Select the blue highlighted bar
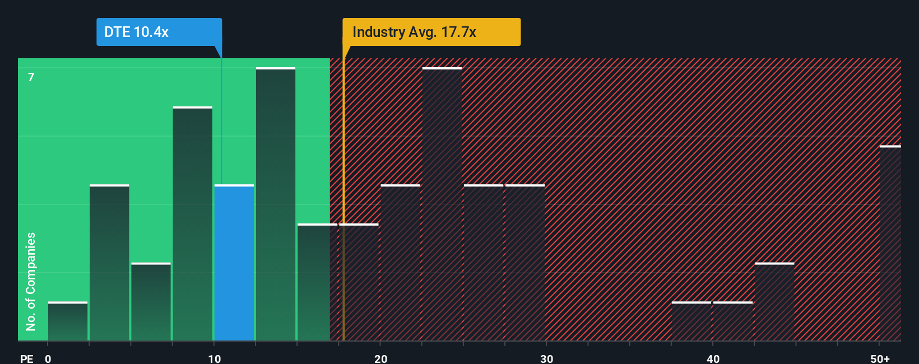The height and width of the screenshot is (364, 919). tap(234, 263)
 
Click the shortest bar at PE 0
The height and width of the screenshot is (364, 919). tap(68, 321)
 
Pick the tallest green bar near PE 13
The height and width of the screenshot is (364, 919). tap(276, 204)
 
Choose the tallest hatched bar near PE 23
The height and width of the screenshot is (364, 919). tap(442, 204)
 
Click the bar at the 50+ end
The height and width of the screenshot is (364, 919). tap(890, 244)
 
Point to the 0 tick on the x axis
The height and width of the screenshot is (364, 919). tap(48, 358)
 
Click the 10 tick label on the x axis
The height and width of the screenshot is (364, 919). tap(214, 358)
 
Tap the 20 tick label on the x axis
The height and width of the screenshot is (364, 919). tap(380, 358)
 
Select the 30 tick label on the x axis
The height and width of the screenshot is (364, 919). tap(546, 358)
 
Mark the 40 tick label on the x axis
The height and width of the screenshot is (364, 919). tap(713, 358)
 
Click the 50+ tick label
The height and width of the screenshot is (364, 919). tap(880, 358)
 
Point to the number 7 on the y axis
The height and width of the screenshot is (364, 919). tap(31, 77)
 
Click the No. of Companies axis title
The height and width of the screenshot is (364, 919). tap(31, 281)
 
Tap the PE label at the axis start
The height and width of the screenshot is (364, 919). tap(26, 358)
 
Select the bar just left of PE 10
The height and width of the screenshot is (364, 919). tap(193, 224)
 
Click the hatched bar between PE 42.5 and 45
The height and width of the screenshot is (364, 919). tap(774, 302)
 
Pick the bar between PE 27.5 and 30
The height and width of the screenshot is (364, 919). tap(525, 263)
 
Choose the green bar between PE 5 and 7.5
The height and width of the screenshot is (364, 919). tap(151, 302)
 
